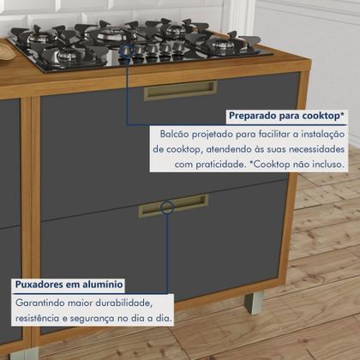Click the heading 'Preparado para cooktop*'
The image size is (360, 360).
(x=286, y=115)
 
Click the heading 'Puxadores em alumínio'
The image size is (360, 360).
(x=69, y=284)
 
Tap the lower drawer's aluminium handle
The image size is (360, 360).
(x=173, y=205)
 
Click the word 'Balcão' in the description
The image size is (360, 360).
(x=178, y=134)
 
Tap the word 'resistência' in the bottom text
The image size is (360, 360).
(x=41, y=318)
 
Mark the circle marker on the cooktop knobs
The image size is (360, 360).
(x=128, y=51)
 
